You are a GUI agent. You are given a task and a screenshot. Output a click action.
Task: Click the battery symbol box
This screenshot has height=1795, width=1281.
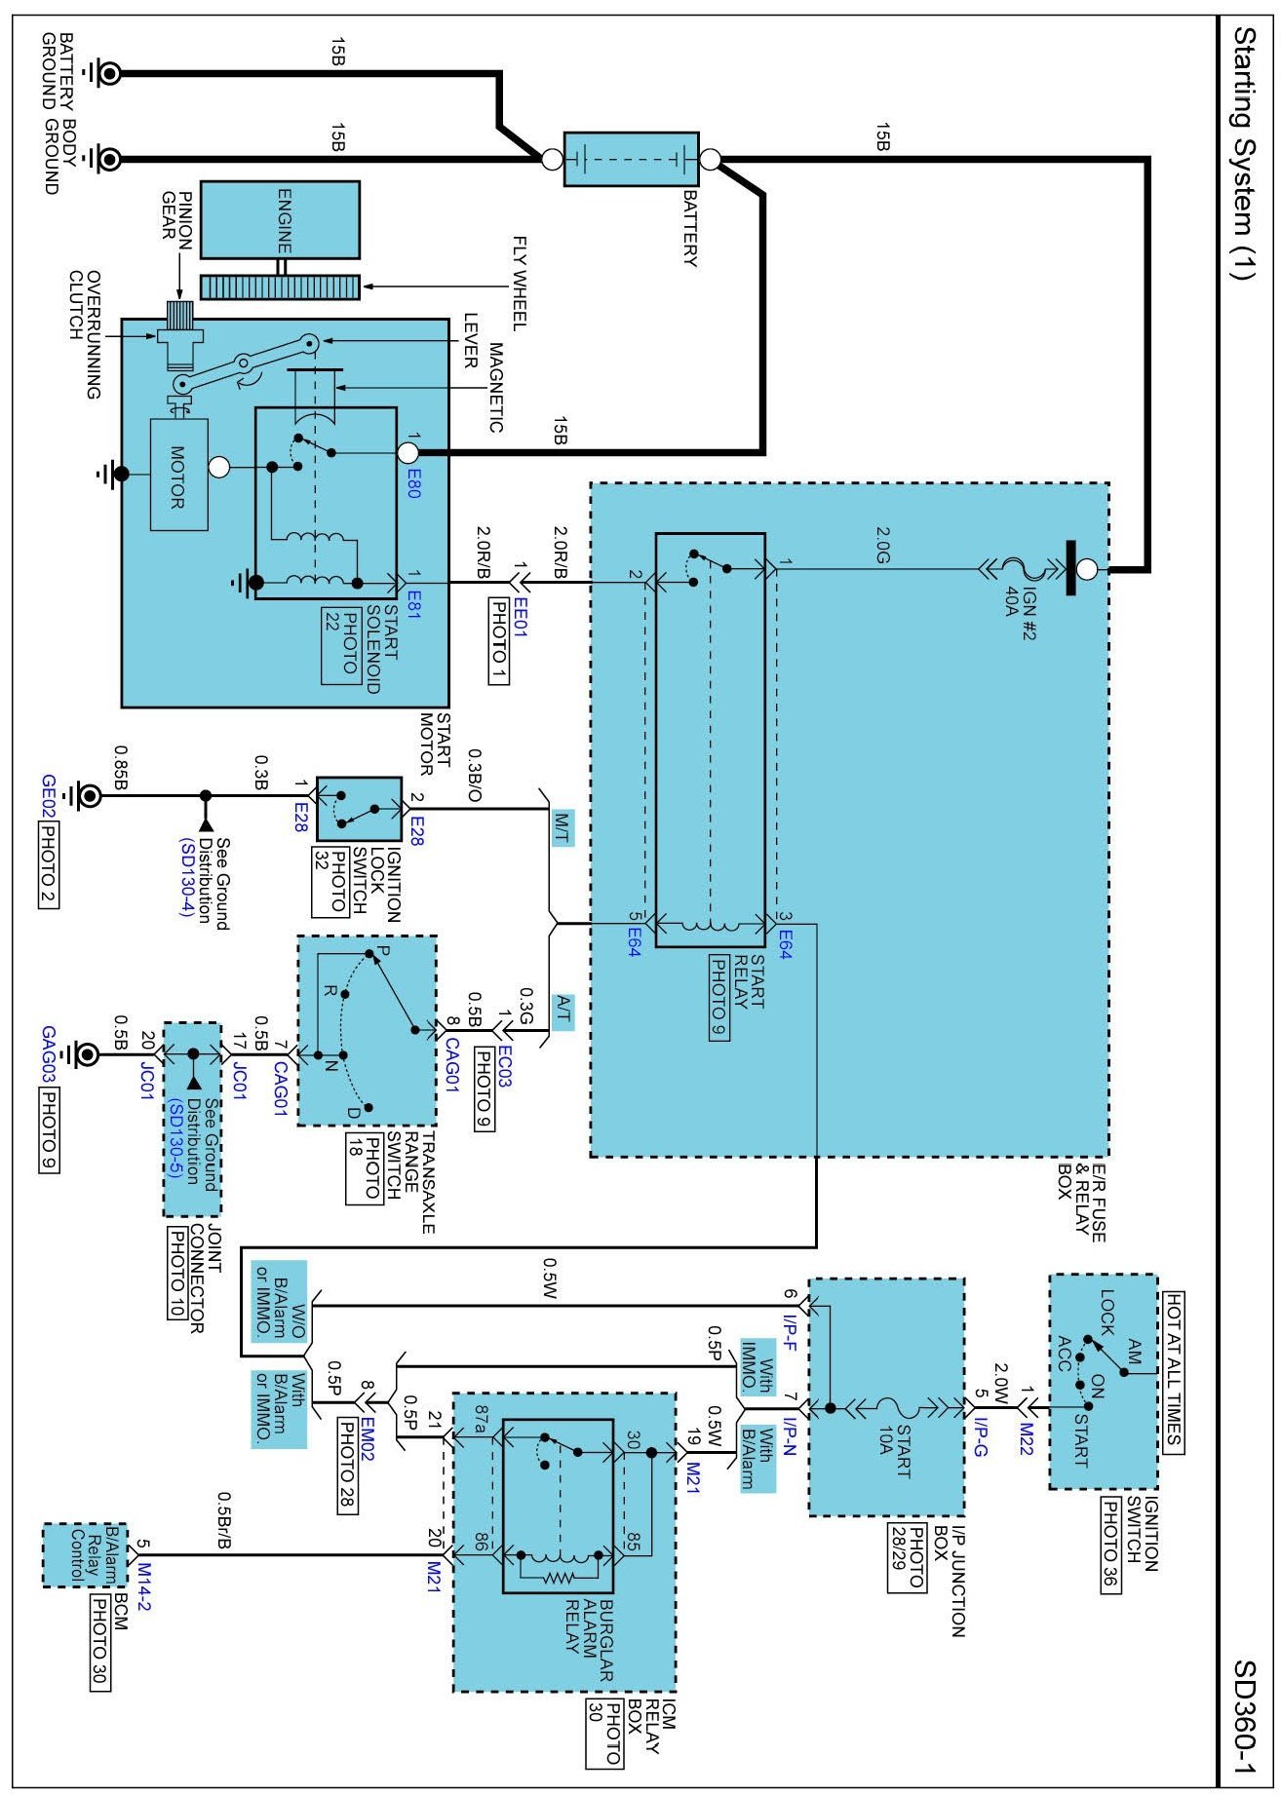(631, 159)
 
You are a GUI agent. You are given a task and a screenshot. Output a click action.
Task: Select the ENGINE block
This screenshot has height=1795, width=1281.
(280, 219)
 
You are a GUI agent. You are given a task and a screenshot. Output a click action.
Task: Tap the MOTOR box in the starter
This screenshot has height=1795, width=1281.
(178, 476)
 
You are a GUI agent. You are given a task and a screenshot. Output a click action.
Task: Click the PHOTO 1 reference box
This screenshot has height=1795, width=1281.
(498, 640)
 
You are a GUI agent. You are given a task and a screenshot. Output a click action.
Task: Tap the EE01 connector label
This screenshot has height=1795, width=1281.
(521, 617)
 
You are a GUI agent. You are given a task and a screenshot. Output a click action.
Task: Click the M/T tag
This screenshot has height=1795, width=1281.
(563, 826)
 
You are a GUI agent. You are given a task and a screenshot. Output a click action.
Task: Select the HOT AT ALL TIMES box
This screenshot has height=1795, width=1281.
(1173, 1371)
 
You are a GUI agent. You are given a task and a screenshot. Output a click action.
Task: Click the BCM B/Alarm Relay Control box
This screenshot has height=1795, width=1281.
(71, 1554)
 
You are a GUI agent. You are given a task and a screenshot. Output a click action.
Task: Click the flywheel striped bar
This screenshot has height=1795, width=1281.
(280, 287)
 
